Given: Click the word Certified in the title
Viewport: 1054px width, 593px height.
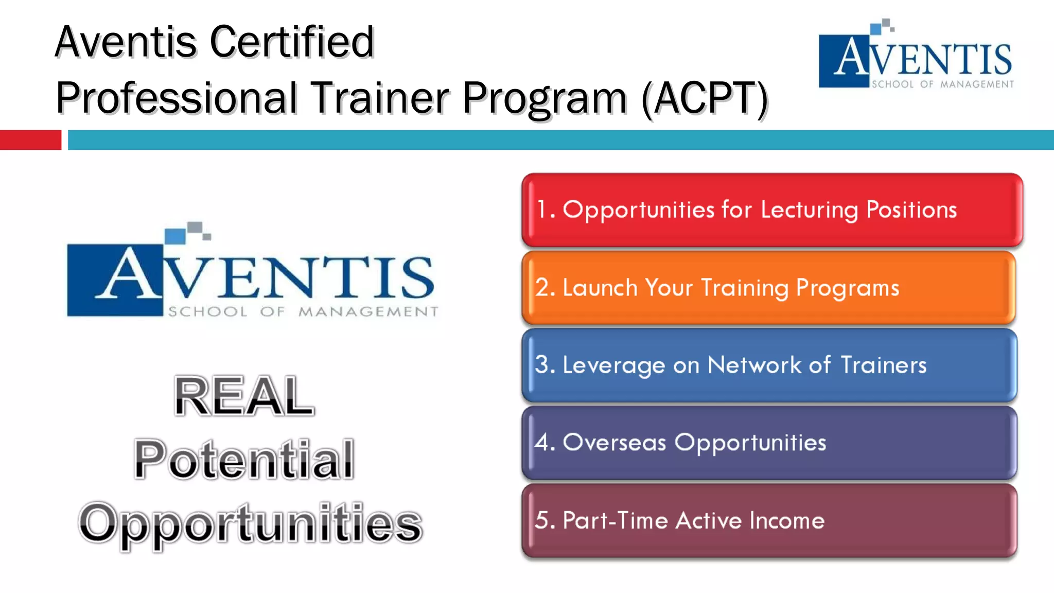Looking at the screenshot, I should (x=292, y=42).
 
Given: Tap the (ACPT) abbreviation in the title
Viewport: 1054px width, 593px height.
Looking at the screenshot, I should (x=705, y=98).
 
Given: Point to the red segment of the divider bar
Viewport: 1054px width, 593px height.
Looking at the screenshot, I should (x=30, y=140).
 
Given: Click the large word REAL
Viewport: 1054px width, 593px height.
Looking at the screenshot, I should (x=244, y=396).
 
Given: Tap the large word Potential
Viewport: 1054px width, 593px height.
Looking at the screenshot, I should (x=244, y=459).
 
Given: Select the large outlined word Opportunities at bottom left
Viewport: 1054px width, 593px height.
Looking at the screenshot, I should (x=251, y=523).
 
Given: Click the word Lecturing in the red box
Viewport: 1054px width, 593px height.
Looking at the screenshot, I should (x=809, y=210).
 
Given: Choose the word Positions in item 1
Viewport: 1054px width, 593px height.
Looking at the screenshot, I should (x=911, y=210).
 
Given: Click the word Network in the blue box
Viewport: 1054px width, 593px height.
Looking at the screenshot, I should (x=754, y=365).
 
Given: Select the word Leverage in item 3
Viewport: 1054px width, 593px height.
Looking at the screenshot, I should (x=613, y=365).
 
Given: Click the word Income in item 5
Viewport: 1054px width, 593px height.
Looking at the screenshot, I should (x=787, y=520).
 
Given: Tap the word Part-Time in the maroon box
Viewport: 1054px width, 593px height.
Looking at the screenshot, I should (x=616, y=520).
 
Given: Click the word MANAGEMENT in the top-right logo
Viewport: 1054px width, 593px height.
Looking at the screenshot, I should (x=977, y=84).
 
